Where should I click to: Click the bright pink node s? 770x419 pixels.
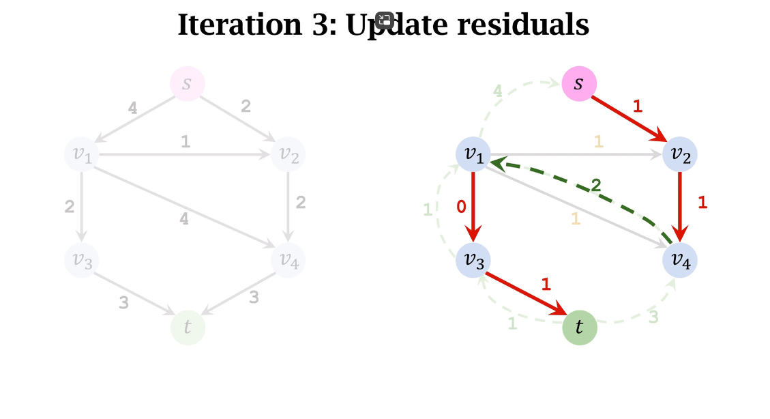pos(579,84)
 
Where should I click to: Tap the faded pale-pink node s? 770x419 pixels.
pos(187,84)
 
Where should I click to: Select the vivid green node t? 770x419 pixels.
pos(579,328)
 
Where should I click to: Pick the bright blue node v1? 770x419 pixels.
pos(473,154)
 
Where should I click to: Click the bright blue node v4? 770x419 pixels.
pos(680,260)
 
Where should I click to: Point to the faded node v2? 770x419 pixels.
pos(288,155)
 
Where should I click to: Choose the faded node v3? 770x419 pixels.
pos(82,260)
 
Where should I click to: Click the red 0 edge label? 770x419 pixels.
pos(461,207)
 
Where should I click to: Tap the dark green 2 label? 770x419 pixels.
pos(596,185)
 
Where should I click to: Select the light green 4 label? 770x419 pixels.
pos(498,90)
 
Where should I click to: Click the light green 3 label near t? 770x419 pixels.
pos(653,317)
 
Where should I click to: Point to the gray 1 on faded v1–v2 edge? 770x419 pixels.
pos(185,141)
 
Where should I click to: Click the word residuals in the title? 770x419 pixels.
pos(523,25)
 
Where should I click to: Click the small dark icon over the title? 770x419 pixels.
pos(385,20)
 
